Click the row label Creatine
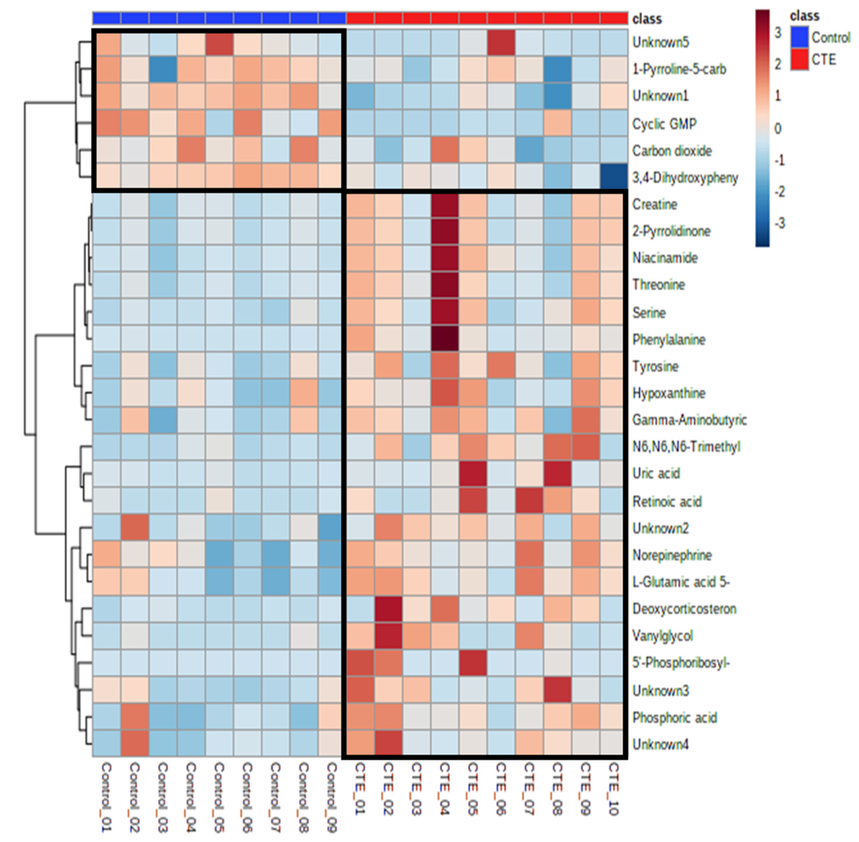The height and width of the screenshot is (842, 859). pyautogui.click(x=655, y=204)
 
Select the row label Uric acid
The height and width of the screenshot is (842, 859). pyautogui.click(x=656, y=473)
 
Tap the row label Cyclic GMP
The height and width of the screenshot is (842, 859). pyautogui.click(x=664, y=124)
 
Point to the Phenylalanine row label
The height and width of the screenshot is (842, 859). pyautogui.click(x=668, y=340)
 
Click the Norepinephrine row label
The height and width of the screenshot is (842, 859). pyautogui.click(x=671, y=555)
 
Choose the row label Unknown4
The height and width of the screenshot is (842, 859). pyautogui.click(x=660, y=744)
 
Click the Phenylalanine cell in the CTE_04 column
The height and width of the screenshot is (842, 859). pyautogui.click(x=445, y=339)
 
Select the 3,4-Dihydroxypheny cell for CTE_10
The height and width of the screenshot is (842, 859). pyautogui.click(x=613, y=177)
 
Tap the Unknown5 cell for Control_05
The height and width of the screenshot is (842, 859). pyautogui.click(x=219, y=42)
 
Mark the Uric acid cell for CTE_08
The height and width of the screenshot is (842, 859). pyautogui.click(x=557, y=473)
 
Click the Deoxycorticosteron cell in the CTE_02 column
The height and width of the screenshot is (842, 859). pyautogui.click(x=388, y=609)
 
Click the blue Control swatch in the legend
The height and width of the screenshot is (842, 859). pyautogui.click(x=799, y=37)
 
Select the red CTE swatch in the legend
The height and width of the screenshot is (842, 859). pyautogui.click(x=799, y=59)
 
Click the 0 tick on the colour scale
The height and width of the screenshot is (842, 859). pyautogui.click(x=778, y=129)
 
